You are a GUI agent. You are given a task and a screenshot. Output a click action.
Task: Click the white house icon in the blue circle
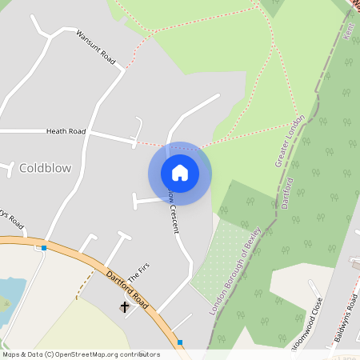(180, 173)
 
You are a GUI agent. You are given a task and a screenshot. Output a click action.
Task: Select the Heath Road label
(66, 131)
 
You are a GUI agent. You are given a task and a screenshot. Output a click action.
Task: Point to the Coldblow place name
(45, 168)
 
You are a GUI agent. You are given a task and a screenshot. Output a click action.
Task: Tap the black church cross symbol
(125, 306)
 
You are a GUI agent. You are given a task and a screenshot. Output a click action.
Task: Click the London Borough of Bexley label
(236, 273)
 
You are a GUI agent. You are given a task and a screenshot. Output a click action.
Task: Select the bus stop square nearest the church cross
(180, 342)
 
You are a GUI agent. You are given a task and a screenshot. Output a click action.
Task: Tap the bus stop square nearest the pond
(43, 248)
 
